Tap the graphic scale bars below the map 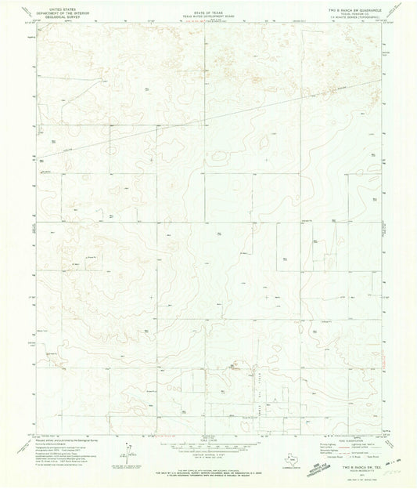pyautogui.click(x=208, y=444)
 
